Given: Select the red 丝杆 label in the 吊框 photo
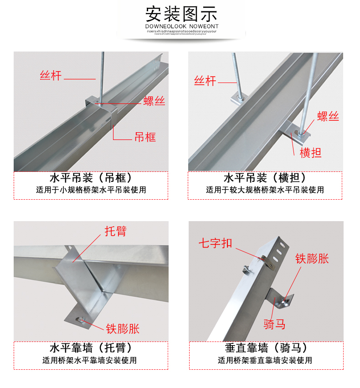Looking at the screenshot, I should (x=50, y=75).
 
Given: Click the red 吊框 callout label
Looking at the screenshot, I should (x=145, y=136).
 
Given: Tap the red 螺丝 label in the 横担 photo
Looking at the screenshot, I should (x=328, y=116).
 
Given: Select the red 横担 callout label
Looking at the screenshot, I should (x=310, y=153).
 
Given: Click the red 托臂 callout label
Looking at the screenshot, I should (x=115, y=231).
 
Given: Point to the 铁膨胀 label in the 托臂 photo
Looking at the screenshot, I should (x=123, y=328).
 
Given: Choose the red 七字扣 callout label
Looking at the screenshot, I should (x=215, y=243).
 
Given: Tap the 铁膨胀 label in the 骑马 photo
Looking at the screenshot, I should (x=312, y=259).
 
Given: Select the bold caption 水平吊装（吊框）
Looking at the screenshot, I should (x=91, y=178).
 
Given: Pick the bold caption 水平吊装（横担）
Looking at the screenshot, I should (x=265, y=178).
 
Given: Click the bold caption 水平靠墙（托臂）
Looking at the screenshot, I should (x=91, y=348).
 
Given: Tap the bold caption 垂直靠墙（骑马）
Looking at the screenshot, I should (x=265, y=348).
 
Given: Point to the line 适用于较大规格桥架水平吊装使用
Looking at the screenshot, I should (x=265, y=190).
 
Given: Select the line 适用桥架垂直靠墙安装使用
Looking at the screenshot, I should (x=265, y=360).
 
